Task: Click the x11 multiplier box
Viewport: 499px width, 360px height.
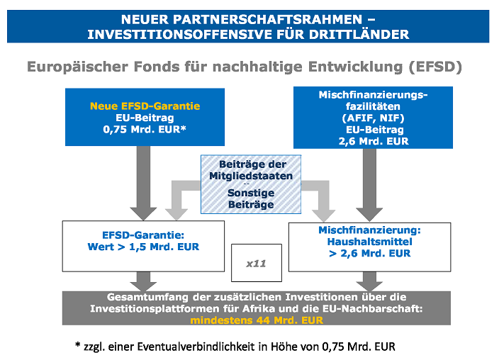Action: pyautogui.click(x=256, y=263)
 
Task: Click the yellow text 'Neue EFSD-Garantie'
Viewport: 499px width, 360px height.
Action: pyautogui.click(x=145, y=106)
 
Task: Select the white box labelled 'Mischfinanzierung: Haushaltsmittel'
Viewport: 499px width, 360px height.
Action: pyautogui.click(x=369, y=242)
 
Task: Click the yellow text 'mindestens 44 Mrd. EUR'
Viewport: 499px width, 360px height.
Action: pyautogui.click(x=257, y=320)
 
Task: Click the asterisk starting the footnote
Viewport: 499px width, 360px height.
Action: pyautogui.click(x=78, y=347)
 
